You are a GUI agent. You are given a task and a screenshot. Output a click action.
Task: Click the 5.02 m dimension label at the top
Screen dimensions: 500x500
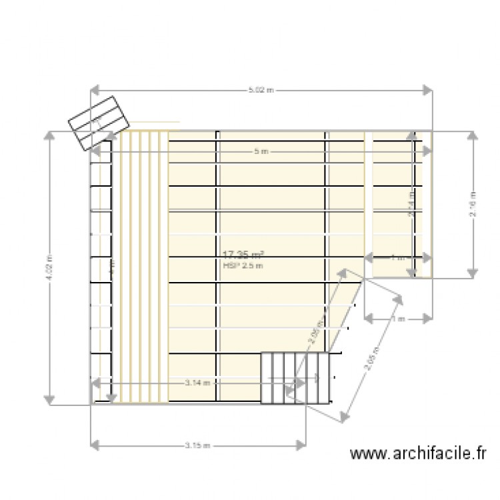pos(261,89)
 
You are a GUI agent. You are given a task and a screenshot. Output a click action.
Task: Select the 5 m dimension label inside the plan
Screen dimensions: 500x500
pos(261,152)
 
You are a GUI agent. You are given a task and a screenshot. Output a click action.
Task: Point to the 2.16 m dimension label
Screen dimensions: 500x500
pos(473,203)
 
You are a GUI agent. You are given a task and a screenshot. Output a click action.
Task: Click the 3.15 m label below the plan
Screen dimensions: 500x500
pos(198,444)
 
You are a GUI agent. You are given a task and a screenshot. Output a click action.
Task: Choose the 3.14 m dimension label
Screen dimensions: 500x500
pos(197,383)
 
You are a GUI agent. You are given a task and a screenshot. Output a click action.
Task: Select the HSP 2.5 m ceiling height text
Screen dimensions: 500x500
pos(243,265)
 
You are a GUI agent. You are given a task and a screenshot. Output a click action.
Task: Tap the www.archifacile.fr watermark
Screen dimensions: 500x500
pos(419,454)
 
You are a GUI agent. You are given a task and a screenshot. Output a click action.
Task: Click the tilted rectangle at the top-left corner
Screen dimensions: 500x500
pos(99,123)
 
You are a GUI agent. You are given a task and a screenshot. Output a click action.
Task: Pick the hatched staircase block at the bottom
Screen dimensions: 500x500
pos(295,377)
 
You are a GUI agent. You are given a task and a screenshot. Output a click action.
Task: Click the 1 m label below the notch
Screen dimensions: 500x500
pos(398,320)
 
